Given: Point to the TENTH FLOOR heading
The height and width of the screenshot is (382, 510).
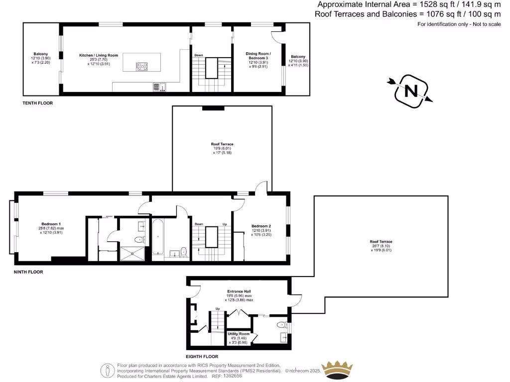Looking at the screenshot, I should click(x=37, y=103).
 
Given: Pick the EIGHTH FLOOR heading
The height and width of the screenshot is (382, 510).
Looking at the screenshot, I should click(x=202, y=357).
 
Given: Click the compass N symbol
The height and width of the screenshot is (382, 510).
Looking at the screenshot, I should click(x=411, y=91).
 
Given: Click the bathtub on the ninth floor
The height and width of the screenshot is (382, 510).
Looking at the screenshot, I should click(x=158, y=237).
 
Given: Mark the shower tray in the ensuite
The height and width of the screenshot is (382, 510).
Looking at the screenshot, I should click(x=133, y=253).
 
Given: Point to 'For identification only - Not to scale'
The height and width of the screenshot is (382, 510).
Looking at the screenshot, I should click(x=459, y=24).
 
